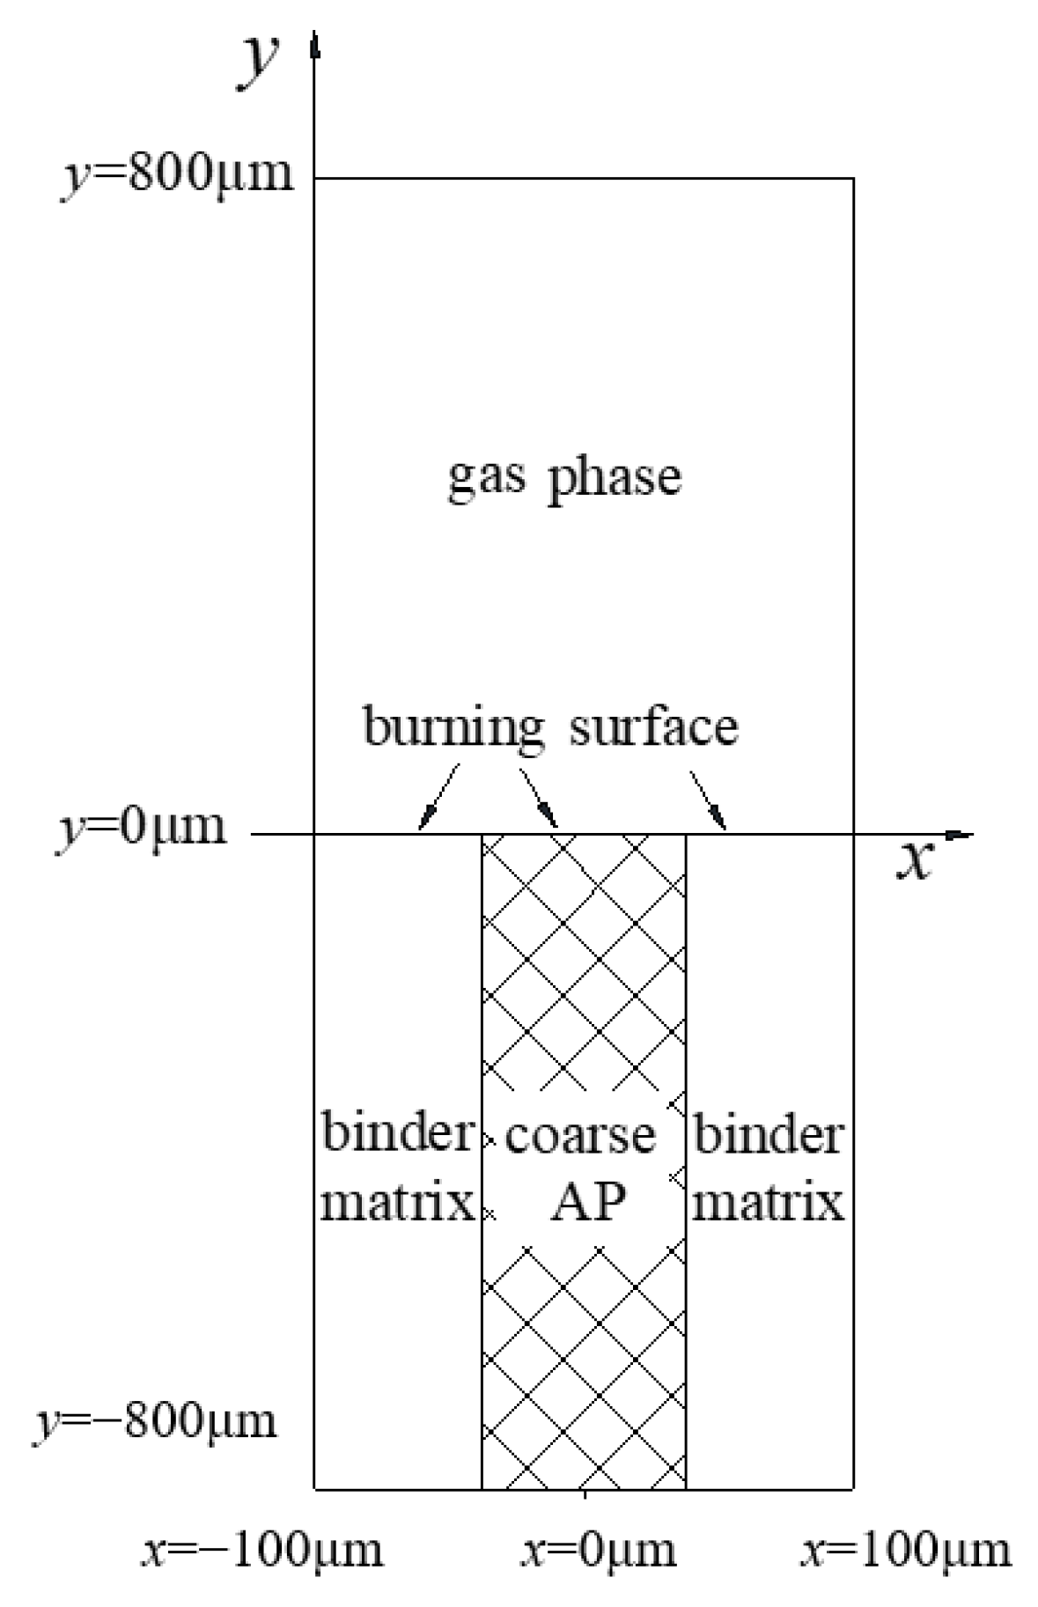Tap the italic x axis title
[x=914, y=860]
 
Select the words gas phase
[x=564, y=478]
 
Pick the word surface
[x=653, y=727]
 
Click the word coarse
[x=580, y=1135]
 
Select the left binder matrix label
[x=398, y=1167]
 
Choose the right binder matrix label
[x=769, y=1167]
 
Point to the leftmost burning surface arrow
[x=438, y=798]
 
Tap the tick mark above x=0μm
[x=585, y=1494]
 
